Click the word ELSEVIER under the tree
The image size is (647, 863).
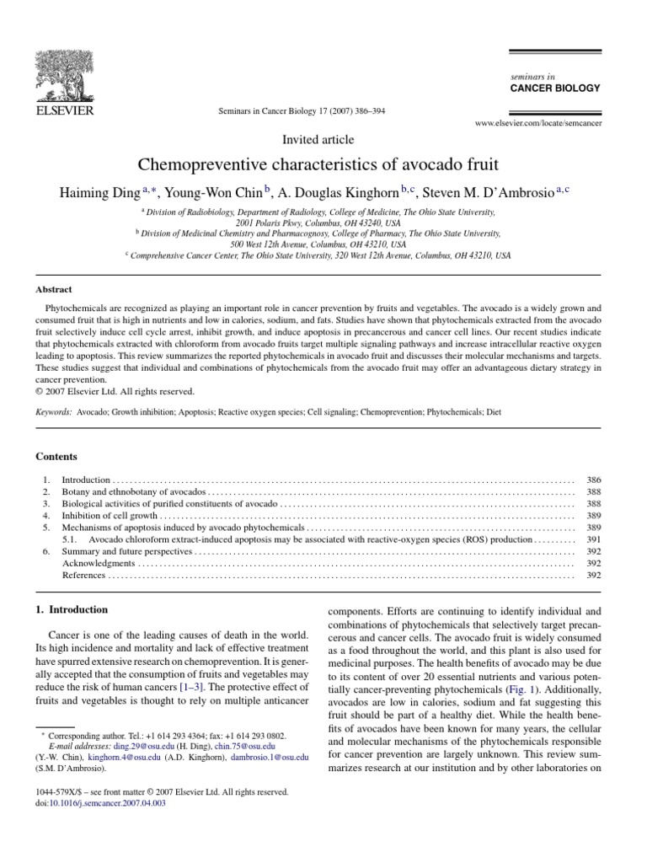coord(64,110)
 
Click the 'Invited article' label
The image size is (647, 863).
coord(318,140)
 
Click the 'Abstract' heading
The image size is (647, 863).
coord(53,288)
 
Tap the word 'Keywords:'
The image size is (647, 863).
coord(53,414)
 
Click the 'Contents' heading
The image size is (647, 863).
coord(56,456)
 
